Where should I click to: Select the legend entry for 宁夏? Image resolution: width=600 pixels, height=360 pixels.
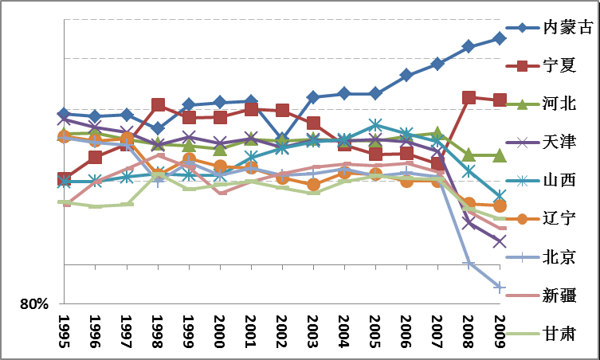tap(558, 65)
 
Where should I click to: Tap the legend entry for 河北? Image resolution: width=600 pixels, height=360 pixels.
tap(558, 104)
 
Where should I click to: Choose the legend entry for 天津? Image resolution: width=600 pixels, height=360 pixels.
tap(558, 142)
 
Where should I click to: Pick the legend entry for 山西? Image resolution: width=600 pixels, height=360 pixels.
tap(558, 180)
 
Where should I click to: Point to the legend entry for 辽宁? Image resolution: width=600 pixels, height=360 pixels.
tap(558, 218)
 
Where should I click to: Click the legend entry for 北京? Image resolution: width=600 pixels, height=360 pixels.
tap(558, 256)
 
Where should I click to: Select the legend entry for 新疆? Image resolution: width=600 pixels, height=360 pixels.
tap(558, 295)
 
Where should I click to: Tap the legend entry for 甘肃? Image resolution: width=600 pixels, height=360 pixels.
tap(558, 333)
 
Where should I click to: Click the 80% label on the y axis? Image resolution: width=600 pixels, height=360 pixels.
tap(34, 303)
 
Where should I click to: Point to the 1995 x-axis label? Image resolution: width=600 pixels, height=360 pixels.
tap(64, 328)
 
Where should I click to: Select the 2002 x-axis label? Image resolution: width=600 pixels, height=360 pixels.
tap(282, 328)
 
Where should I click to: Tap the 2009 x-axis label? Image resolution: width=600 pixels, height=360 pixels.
tap(500, 328)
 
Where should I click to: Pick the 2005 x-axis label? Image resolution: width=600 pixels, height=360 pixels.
tap(375, 328)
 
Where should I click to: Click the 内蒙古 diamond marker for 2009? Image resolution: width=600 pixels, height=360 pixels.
tap(500, 38)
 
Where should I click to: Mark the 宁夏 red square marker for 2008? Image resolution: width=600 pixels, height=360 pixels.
tap(469, 97)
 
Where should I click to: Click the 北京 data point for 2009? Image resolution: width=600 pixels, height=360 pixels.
tap(500, 287)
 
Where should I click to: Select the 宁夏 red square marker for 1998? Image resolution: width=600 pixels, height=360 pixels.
tap(158, 105)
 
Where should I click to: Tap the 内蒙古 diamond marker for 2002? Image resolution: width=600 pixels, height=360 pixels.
tap(282, 139)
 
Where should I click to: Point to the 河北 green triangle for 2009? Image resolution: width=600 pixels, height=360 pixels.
tap(500, 155)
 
